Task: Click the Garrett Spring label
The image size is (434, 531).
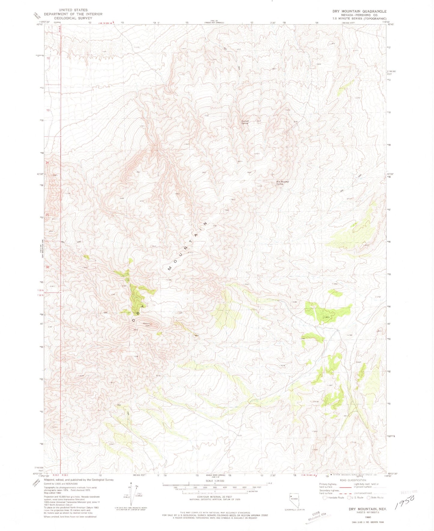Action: [x=245, y=122]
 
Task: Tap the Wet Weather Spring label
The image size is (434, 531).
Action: [x=283, y=183]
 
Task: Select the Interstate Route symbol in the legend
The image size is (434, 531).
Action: [x=325, y=497]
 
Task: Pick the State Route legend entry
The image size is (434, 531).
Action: [x=370, y=497]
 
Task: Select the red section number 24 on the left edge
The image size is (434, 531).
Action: [x=47, y=162]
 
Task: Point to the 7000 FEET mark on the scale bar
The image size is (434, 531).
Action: [x=256, y=488]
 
